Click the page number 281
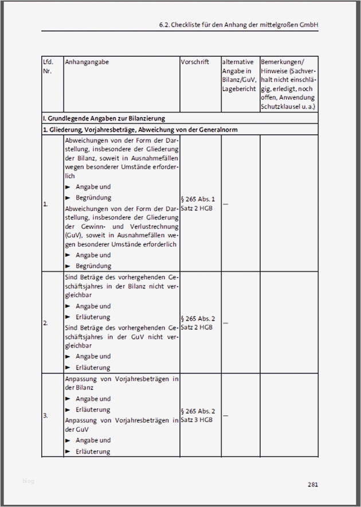tap(312, 485)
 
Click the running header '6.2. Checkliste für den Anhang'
tap(238, 25)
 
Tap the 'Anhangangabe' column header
tap(87, 61)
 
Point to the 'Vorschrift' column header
tap(195, 61)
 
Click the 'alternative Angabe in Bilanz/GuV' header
tap(239, 75)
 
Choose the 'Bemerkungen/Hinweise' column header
tap(288, 84)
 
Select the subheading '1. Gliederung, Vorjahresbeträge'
tap(140, 130)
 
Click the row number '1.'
tap(46, 204)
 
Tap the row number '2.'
tap(46, 323)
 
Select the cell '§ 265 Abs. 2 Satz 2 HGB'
tap(198, 323)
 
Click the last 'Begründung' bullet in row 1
tap(93, 266)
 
